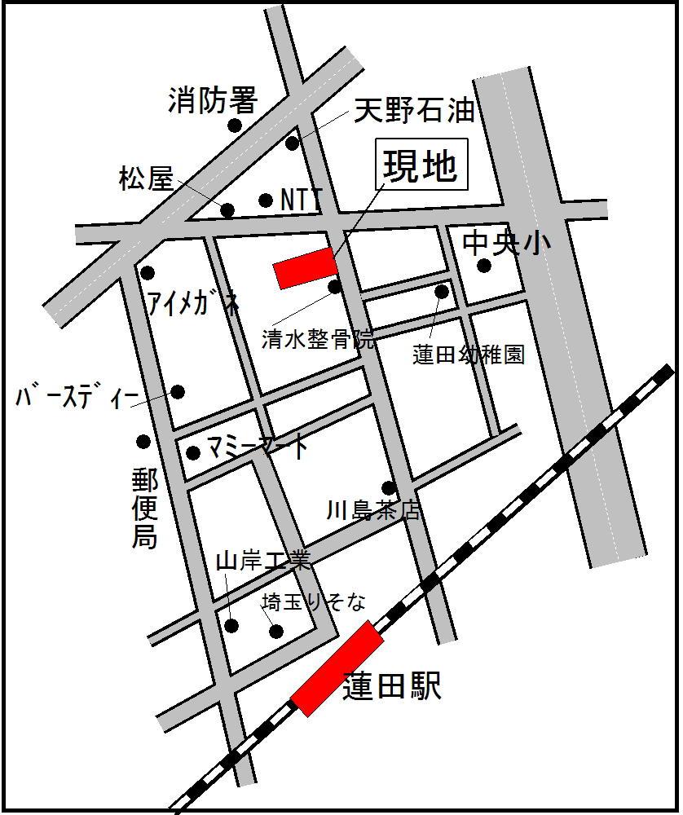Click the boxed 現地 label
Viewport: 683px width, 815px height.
(x=421, y=167)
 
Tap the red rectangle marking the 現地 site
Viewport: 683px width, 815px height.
(x=306, y=268)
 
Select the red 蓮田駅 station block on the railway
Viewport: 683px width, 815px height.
(x=337, y=668)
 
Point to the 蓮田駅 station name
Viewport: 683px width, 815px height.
(x=392, y=686)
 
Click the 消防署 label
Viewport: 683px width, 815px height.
(x=213, y=101)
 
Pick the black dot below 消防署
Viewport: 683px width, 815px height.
(x=235, y=125)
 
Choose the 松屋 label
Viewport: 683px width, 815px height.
(x=147, y=178)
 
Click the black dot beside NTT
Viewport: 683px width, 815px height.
(x=265, y=200)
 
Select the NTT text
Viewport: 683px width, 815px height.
(x=301, y=199)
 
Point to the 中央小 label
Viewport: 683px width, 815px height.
(x=506, y=242)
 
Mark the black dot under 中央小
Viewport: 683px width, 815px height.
(x=484, y=265)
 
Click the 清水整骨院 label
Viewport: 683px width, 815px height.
(x=319, y=339)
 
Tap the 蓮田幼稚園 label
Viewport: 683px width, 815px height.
(x=469, y=355)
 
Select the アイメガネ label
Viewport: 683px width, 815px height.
(x=193, y=303)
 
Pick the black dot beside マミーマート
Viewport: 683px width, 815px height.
(x=193, y=452)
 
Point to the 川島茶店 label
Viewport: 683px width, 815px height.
(x=373, y=511)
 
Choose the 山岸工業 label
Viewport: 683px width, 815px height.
(x=263, y=561)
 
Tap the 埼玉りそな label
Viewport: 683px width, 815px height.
(x=314, y=602)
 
